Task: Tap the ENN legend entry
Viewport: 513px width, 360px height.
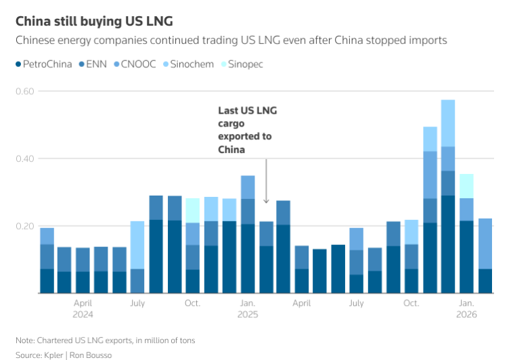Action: (x=94, y=64)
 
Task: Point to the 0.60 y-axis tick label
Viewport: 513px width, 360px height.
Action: (x=25, y=91)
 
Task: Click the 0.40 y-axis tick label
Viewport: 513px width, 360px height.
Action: (x=25, y=159)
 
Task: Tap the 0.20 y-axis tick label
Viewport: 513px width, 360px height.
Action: (x=25, y=226)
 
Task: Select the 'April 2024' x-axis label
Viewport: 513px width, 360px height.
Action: (x=83, y=309)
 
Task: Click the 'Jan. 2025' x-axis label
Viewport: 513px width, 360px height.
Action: (x=248, y=309)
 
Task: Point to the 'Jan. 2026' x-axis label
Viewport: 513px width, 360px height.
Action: (x=466, y=309)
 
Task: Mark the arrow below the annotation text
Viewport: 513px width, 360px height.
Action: (x=266, y=181)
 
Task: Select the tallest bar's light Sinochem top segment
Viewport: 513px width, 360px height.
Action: (x=448, y=123)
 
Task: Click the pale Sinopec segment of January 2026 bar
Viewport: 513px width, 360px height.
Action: (x=466, y=186)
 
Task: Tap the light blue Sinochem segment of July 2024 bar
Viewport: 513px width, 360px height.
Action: (x=137, y=245)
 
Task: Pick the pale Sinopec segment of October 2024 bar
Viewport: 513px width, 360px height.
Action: (x=193, y=210)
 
